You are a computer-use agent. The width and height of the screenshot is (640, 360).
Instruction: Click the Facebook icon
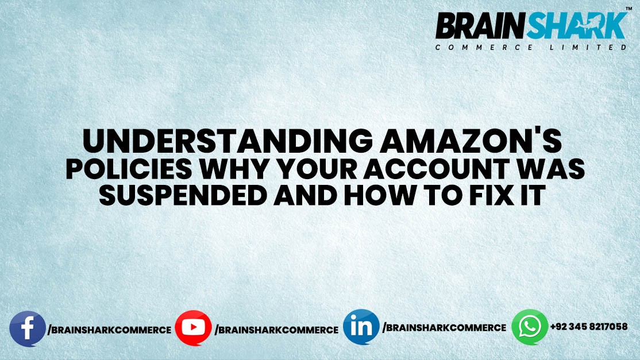click(x=28, y=328)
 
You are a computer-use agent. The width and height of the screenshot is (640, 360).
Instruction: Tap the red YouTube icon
click(x=194, y=328)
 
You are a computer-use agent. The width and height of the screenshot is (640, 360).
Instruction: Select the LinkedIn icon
click(x=361, y=327)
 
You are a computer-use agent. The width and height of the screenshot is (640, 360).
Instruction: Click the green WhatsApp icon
click(x=530, y=327)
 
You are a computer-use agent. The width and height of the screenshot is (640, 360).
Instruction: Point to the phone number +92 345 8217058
click(x=588, y=327)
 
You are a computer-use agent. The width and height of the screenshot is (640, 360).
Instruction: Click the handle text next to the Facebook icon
click(x=109, y=330)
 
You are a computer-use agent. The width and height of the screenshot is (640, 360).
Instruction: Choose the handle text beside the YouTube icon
click(x=276, y=330)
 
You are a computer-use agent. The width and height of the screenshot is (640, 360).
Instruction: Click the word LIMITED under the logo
click(x=585, y=48)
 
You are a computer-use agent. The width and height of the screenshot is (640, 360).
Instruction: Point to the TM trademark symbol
click(x=629, y=9)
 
